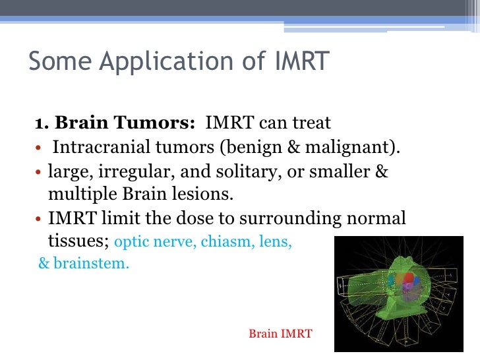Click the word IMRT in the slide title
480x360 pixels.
tap(300, 61)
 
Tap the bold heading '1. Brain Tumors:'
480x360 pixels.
tap(115, 123)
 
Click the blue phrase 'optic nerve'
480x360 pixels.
tap(148, 243)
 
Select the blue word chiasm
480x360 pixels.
tap(221, 242)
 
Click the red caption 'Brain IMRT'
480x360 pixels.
tap(280, 334)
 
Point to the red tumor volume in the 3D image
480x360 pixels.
tap(407, 283)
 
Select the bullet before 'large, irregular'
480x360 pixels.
tap(39, 172)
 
